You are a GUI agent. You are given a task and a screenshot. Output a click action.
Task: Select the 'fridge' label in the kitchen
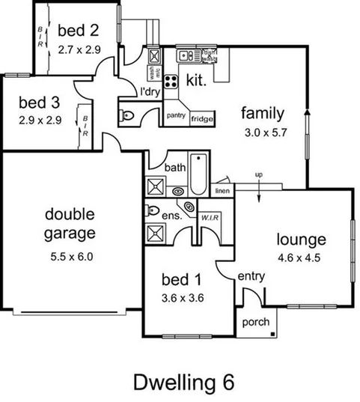[x=202, y=119]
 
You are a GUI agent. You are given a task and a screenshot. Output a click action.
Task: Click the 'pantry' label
[x=176, y=115]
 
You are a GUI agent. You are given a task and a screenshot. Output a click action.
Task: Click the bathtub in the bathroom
[x=198, y=173]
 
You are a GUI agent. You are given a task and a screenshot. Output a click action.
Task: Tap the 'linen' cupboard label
[x=222, y=192]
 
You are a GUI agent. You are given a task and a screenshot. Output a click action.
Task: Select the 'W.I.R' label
[x=208, y=218]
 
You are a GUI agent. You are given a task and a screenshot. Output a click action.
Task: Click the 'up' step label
[x=260, y=175]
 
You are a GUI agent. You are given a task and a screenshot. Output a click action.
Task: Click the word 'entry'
[x=251, y=276]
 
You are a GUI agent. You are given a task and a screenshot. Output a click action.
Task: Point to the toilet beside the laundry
[x=128, y=115]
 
